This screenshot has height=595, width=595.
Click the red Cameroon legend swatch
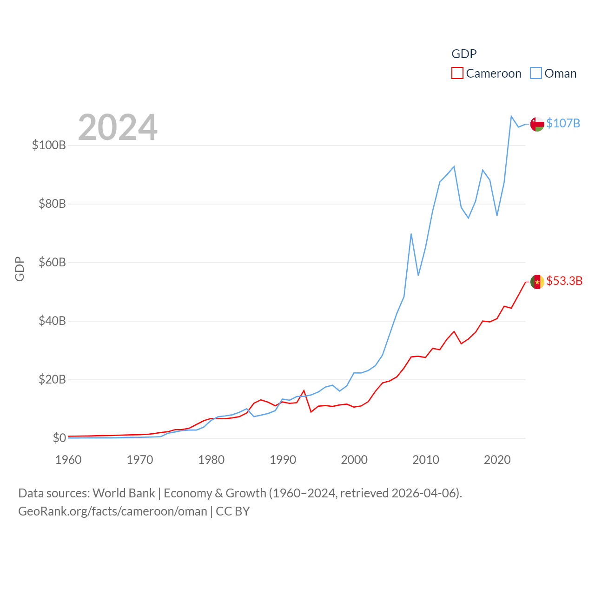point(457,73)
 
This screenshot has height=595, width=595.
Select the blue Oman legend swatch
point(536,73)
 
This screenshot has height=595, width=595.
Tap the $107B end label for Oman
point(563,123)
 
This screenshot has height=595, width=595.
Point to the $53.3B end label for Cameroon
point(564,281)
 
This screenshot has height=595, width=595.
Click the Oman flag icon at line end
point(537,124)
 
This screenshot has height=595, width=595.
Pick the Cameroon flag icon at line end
point(537,282)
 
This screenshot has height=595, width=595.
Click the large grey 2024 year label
point(118,127)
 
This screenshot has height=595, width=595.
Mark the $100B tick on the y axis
point(49,145)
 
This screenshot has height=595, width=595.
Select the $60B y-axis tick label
point(52,262)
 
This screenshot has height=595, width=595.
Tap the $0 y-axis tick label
point(59,438)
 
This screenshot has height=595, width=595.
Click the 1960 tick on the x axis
point(68,460)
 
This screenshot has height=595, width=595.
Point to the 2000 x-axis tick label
point(354,460)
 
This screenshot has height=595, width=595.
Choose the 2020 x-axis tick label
point(497,460)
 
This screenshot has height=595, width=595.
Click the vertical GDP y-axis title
point(20,269)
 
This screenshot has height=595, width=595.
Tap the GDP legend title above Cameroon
point(464,54)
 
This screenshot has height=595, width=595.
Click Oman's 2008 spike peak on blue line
point(411,234)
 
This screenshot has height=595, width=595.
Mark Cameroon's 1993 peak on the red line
point(304,390)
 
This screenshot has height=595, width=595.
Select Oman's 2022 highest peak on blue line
point(511,116)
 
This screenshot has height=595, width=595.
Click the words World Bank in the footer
point(124,493)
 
